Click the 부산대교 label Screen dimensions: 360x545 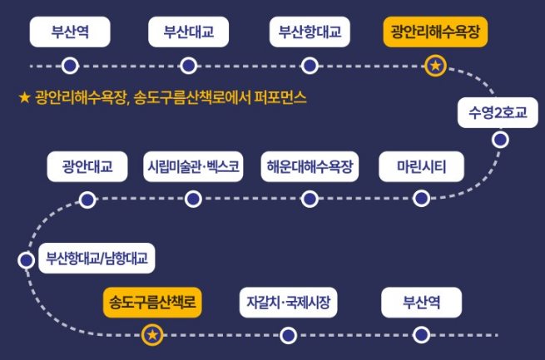tap(189, 32)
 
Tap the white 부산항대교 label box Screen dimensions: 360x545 tap(310, 32)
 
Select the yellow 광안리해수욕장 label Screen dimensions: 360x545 tap(437, 32)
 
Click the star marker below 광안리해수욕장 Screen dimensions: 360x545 tap(436, 65)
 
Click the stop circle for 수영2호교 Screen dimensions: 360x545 tap(500, 140)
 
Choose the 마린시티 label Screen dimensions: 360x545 tap(421, 166)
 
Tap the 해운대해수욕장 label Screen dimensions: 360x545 tap(310, 166)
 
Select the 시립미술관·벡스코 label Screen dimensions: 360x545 tap(194, 166)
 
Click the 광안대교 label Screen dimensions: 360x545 tap(87, 166)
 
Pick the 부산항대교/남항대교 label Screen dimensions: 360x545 tap(97, 259)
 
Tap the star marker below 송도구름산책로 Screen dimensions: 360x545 tap(152, 335)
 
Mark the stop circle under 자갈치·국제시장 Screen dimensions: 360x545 tap(288, 335)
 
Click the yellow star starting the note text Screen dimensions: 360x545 tap(24, 98)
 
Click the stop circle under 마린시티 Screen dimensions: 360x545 tap(421, 198)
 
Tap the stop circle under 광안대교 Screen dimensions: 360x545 tap(87, 199)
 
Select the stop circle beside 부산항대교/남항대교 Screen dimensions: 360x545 tap(26, 259)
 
